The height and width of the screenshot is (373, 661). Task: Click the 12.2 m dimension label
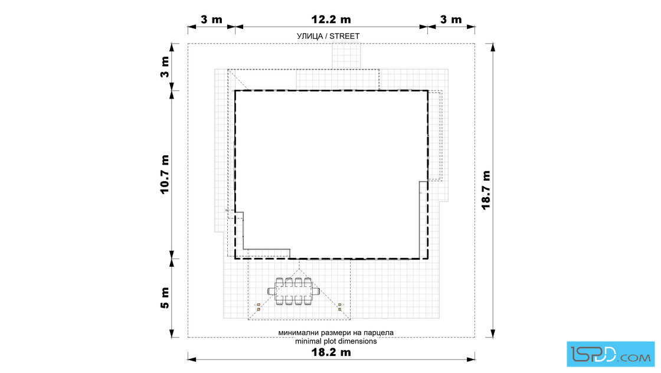click(x=331, y=19)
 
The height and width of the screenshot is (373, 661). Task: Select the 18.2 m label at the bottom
click(x=331, y=352)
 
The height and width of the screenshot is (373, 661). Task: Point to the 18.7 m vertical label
click(x=486, y=190)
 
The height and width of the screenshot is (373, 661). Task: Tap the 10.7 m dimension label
click(x=165, y=175)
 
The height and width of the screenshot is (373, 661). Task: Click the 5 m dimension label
click(x=165, y=298)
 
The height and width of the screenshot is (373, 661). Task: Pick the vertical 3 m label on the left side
click(x=165, y=67)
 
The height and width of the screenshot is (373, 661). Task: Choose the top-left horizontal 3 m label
click(x=211, y=19)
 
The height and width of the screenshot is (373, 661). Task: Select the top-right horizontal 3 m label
click(x=451, y=19)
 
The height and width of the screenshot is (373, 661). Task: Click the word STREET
click(x=345, y=36)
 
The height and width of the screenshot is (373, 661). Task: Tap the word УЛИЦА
click(x=310, y=36)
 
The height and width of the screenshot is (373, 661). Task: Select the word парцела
click(x=378, y=332)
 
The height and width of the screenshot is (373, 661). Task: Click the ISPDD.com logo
click(x=610, y=354)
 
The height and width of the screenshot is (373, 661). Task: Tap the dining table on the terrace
click(x=294, y=291)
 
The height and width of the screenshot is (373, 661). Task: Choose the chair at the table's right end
click(x=316, y=291)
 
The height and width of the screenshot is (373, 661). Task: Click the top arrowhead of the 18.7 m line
click(x=493, y=47)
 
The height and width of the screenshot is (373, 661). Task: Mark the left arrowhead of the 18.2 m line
click(x=192, y=359)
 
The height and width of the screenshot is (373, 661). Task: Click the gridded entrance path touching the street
click(x=346, y=56)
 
